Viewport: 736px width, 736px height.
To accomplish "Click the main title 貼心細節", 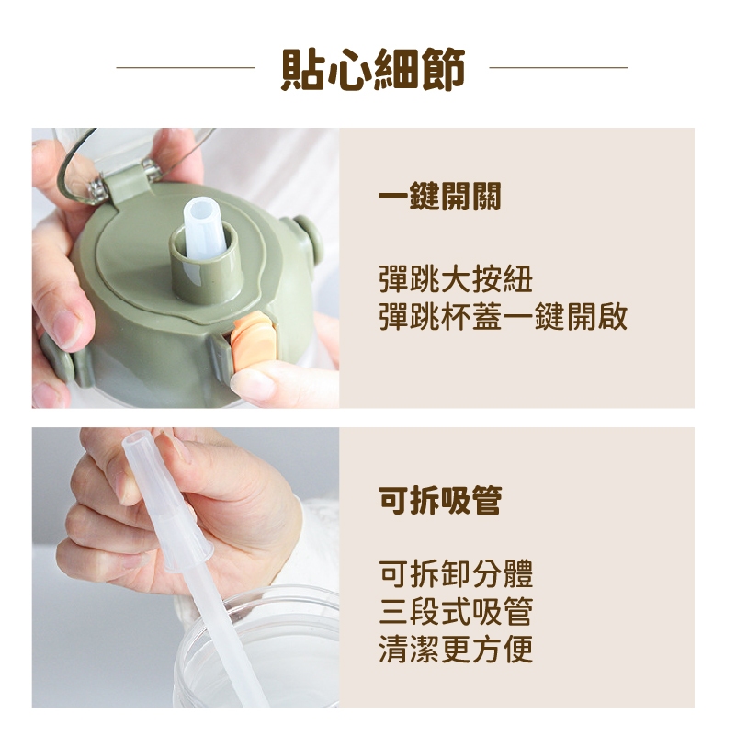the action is pos(373,68).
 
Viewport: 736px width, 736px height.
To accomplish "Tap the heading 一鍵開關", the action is pos(440,196).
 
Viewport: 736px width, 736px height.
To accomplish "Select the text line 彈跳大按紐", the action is pos(456,279).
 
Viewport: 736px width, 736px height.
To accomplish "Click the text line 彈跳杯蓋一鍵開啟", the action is pos(504,317).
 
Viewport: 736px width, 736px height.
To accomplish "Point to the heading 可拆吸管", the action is pos(440,500).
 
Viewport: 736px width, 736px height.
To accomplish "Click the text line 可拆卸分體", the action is pos(456,573).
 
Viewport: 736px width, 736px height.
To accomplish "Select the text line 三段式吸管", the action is pos(456,611).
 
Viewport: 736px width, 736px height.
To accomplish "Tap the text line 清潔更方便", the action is pos(456,649).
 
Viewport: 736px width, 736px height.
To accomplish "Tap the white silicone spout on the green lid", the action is pos(204,229).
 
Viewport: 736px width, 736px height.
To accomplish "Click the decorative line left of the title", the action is pos(186,68).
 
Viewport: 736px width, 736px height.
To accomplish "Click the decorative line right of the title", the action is pos(559,68).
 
